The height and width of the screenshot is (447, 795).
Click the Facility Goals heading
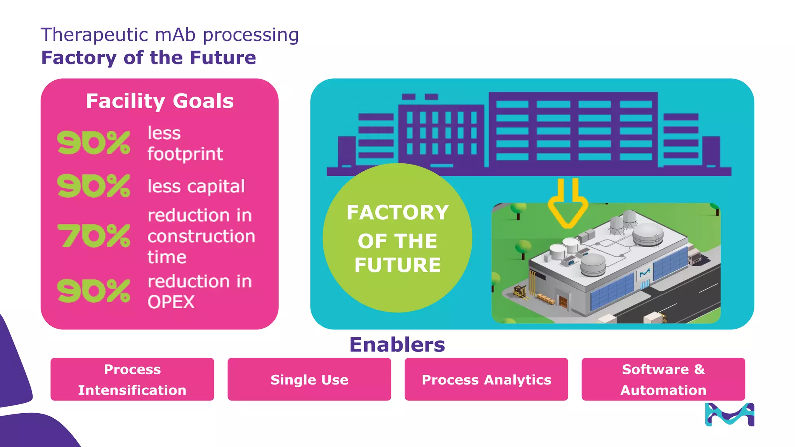160,101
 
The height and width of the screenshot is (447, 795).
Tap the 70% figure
94,236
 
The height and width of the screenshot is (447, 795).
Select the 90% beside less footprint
94,143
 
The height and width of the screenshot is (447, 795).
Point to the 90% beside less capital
94,186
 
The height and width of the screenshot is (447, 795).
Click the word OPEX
171,302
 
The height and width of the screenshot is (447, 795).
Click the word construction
201,236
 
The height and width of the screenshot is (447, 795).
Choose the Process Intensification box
132,379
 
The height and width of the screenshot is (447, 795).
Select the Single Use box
309,379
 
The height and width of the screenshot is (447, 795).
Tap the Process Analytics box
486,379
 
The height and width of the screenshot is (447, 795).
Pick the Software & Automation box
663,379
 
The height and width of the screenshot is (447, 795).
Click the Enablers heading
397,345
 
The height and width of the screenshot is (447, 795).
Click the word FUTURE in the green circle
397,265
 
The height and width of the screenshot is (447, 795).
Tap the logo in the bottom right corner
729,415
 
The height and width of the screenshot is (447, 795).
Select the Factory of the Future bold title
149,58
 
